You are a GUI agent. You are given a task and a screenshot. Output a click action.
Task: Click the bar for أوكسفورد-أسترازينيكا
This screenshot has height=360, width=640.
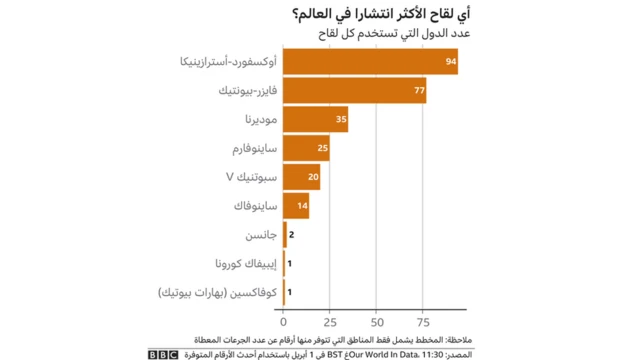(370, 62)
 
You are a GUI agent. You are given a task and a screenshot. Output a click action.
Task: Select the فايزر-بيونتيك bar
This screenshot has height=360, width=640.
(355, 91)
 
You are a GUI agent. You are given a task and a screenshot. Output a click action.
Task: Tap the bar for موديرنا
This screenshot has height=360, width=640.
(316, 119)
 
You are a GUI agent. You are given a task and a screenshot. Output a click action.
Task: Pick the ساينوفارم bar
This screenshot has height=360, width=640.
(306, 148)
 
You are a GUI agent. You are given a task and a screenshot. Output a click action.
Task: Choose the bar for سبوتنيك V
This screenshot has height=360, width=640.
(302, 177)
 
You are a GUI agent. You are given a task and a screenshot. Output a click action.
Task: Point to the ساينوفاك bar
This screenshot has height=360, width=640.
(296, 206)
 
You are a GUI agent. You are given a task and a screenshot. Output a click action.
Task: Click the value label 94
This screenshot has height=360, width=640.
(451, 62)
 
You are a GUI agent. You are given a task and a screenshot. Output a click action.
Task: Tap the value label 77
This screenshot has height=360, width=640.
(419, 91)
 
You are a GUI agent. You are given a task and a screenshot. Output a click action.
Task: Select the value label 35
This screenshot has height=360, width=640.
(341, 119)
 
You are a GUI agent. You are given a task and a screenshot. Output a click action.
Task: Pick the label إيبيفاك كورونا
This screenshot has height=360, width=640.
(245, 264)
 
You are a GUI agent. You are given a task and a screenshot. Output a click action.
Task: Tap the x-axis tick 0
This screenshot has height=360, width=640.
(284, 323)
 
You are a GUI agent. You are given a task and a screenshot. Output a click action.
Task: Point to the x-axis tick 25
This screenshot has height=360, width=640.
(331, 323)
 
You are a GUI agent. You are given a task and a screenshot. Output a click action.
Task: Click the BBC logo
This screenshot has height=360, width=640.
(163, 354)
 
